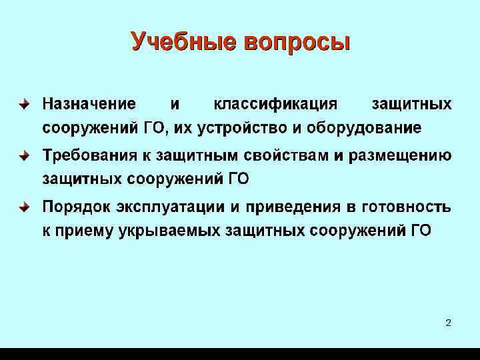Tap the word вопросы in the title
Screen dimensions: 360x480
(x=296, y=42)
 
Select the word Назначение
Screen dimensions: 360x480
(x=89, y=104)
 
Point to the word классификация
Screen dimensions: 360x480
(x=275, y=104)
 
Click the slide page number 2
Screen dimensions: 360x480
(x=448, y=323)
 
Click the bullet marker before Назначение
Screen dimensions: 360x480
(x=23, y=105)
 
